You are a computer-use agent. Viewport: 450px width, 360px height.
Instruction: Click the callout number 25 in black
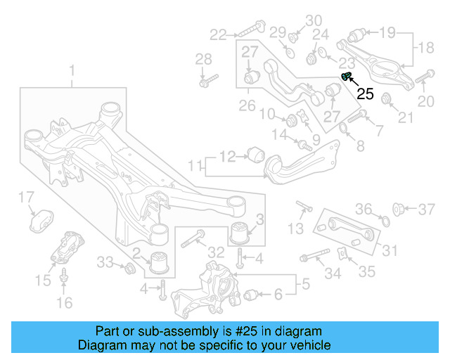click(x=365, y=93)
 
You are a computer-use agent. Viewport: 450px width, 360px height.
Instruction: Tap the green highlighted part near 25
click(x=345, y=77)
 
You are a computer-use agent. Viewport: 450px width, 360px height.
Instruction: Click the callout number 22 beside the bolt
click(x=218, y=33)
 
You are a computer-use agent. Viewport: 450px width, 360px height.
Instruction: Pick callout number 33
click(x=104, y=262)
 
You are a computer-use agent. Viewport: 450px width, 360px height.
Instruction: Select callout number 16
click(x=64, y=303)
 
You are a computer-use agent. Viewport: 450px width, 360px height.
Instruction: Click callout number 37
click(x=427, y=209)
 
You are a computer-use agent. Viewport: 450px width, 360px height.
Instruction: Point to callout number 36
click(x=363, y=209)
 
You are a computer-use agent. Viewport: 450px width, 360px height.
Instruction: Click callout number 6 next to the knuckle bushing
click(x=278, y=295)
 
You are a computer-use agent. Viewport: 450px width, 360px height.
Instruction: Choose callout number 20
click(x=426, y=102)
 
